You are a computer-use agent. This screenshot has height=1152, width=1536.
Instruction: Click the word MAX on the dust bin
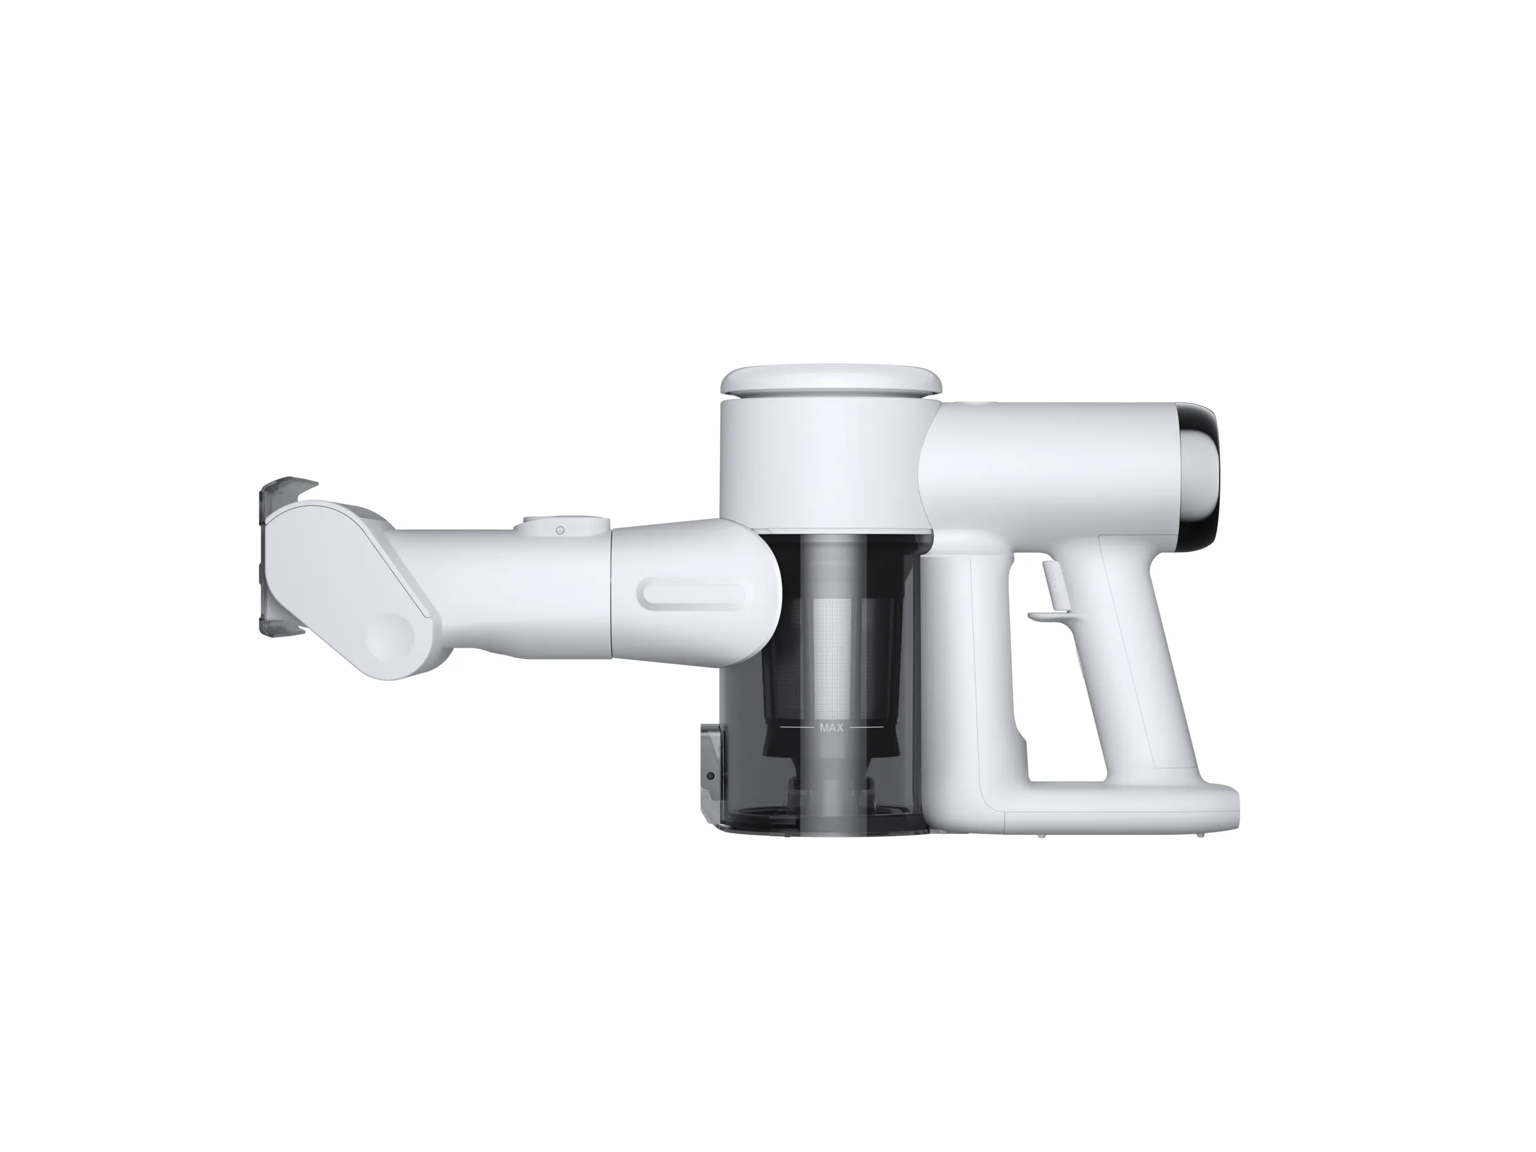831,728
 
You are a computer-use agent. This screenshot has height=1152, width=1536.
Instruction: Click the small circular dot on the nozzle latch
560,530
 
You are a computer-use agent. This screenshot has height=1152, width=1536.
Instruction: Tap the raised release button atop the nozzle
566,526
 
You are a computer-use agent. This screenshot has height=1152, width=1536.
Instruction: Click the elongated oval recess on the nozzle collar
694,596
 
